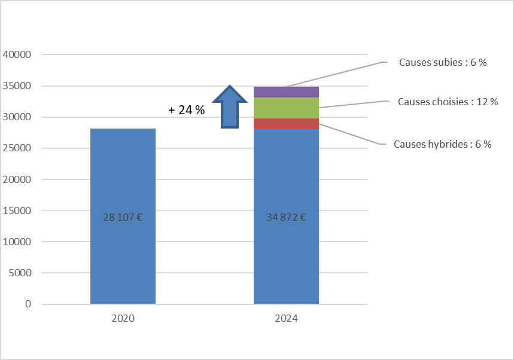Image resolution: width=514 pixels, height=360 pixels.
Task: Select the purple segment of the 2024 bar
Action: [286, 92]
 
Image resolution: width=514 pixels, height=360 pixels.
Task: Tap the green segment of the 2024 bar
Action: [286, 108]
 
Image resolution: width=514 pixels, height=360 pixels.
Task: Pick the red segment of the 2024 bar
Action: [286, 123]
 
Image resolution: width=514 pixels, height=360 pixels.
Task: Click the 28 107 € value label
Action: [123, 217]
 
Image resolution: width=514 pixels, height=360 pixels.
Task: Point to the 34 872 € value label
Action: [286, 217]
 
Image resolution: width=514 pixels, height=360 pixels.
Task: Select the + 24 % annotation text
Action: [187, 110]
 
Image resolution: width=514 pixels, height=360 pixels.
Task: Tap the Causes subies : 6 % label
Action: [442, 62]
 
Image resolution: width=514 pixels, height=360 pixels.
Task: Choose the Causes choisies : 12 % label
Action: [448, 102]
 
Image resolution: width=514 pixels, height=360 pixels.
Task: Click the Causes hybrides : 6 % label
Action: [442, 144]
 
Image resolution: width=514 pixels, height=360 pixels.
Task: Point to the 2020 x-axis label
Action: [123, 319]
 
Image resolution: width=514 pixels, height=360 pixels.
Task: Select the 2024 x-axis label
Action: [286, 319]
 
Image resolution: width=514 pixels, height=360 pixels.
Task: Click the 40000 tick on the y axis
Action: [17, 55]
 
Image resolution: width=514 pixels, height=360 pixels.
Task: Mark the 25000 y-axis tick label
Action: [17, 148]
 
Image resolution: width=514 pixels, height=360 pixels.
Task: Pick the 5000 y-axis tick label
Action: [19, 273]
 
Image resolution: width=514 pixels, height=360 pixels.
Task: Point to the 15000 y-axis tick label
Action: [17, 210]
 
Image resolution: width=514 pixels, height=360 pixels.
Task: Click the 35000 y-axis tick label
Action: [17, 86]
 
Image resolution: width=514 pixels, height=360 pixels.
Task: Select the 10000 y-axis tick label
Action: [17, 242]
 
